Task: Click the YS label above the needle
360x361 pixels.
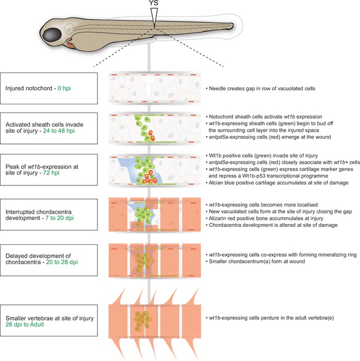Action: point(153,3)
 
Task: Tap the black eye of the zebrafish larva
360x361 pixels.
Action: point(53,34)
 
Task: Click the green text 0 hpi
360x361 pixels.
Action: point(64,88)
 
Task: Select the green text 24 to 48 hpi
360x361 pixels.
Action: point(59,131)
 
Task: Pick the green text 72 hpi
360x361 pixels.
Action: point(51,173)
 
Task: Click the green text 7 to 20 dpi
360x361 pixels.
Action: point(60,218)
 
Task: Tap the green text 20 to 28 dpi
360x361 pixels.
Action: point(62,262)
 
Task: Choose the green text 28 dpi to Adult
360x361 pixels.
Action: point(25,324)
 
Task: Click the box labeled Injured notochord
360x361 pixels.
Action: point(49,89)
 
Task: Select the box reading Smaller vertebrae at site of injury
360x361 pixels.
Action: point(49,321)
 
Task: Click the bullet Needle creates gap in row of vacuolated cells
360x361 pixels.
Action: point(260,89)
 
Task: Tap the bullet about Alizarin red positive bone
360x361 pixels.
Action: point(264,218)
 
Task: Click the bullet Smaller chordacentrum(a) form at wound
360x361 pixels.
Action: point(255,261)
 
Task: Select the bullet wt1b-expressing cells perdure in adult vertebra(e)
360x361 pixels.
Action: point(270,318)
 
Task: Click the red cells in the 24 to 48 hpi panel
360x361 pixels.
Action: point(151,135)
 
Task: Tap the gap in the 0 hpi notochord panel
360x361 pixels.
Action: point(149,88)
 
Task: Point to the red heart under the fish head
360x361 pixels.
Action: point(71,44)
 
